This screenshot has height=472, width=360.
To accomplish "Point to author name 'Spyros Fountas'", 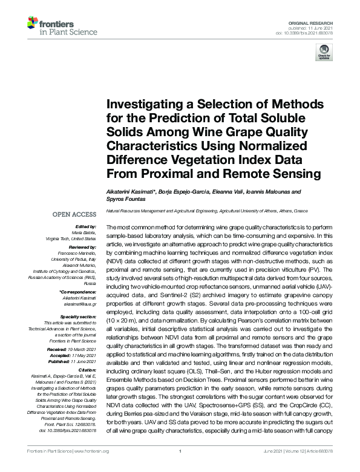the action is pos(126,199).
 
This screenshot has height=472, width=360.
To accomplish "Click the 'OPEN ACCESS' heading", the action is pos(74,214).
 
